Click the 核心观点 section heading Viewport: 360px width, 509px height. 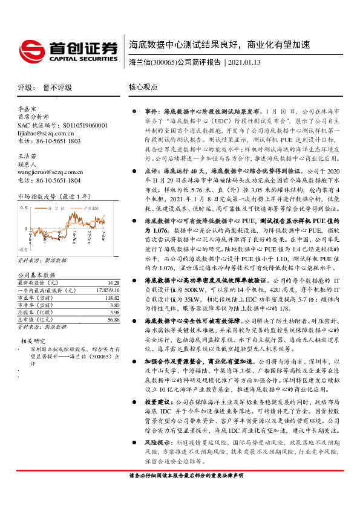(143, 88)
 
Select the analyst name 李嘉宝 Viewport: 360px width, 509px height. (28, 109)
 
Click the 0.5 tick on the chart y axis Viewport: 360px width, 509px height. (24, 207)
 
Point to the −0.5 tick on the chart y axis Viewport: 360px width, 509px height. (23, 250)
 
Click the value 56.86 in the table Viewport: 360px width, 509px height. (113, 320)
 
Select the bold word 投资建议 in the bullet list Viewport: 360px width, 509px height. (156, 418)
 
